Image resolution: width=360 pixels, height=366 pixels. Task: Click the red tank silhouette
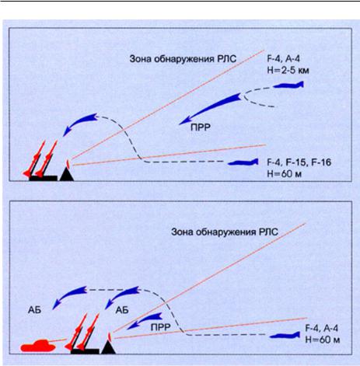click(38, 346)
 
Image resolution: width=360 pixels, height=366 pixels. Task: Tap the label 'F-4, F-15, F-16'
click(299, 162)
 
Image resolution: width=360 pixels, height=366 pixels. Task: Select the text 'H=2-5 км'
click(288, 70)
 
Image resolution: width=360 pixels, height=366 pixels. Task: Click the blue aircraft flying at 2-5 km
click(288, 85)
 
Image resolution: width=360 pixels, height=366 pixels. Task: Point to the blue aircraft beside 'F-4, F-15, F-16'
click(243, 162)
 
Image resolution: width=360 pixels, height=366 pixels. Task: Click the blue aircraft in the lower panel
click(285, 336)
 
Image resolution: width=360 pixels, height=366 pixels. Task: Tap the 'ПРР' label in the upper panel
click(201, 127)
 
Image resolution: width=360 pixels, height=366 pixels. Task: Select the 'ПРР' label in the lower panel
click(160, 327)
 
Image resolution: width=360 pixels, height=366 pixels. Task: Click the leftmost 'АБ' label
click(34, 310)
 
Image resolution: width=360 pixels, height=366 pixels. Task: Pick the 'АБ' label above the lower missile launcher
click(122, 310)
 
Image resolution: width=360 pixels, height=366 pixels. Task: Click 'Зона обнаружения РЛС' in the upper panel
click(183, 59)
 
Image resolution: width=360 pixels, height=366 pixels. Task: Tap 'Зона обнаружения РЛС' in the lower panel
click(225, 232)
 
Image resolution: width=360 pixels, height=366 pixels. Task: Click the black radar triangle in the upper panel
click(67, 174)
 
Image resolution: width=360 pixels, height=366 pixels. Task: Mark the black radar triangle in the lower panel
click(108, 347)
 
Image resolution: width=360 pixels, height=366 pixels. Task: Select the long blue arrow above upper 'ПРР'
click(210, 108)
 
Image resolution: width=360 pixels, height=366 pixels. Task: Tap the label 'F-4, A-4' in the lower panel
click(322, 328)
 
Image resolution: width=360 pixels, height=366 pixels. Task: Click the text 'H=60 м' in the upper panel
click(284, 174)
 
